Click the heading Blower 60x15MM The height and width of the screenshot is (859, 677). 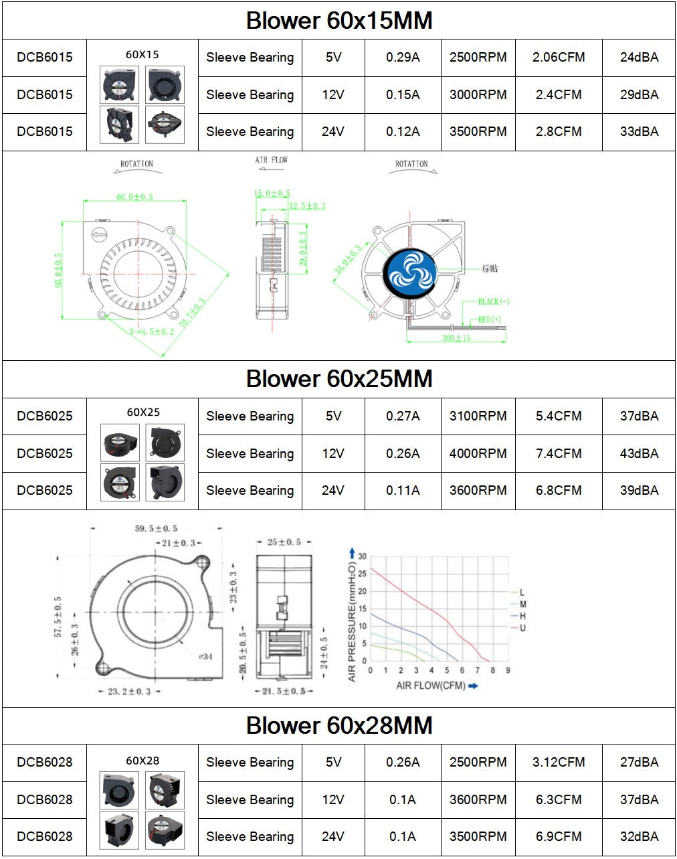[x=338, y=20]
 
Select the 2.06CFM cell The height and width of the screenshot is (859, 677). [x=559, y=58]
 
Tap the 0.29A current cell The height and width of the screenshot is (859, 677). [x=403, y=58]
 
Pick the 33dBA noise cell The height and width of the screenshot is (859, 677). [x=639, y=132]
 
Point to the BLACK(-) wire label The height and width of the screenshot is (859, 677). [x=494, y=302]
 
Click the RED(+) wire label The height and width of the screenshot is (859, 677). [x=490, y=319]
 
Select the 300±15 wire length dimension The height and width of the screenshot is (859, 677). [x=456, y=338]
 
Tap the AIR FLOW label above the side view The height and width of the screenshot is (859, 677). [x=271, y=160]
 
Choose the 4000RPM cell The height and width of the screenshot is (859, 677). [x=478, y=453]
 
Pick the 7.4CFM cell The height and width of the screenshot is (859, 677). [x=559, y=453]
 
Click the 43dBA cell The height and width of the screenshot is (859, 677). [x=639, y=453]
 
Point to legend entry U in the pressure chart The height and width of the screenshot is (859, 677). [x=522, y=628]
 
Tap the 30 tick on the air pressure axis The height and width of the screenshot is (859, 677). [x=362, y=556]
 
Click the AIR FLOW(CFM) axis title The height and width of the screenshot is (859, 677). [x=431, y=686]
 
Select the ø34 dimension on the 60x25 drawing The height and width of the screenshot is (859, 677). [x=205, y=656]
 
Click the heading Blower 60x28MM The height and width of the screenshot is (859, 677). [x=338, y=725]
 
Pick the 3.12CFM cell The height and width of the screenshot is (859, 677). [x=559, y=763]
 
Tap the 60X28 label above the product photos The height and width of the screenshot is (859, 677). [x=142, y=761]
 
